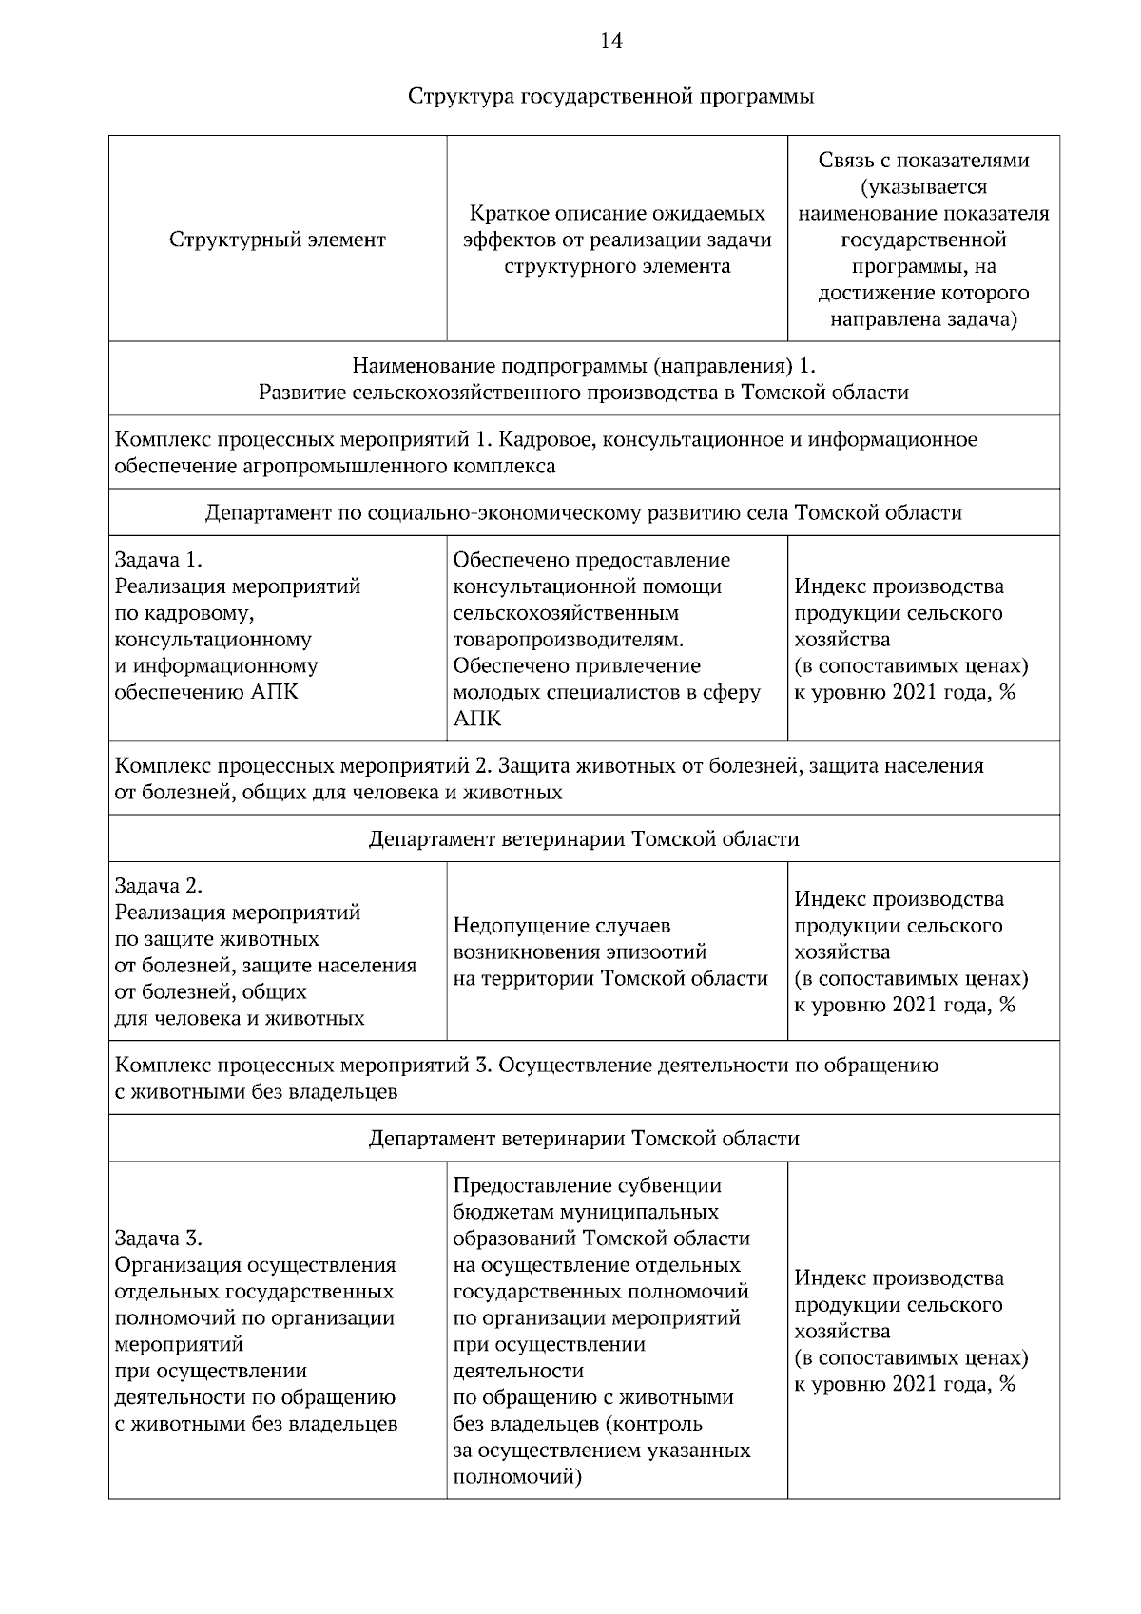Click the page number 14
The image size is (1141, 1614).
(610, 41)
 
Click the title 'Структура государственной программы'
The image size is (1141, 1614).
(610, 97)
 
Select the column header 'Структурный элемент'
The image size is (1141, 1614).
(278, 240)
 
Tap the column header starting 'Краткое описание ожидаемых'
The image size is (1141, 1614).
(617, 240)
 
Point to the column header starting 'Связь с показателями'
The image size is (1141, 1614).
(923, 240)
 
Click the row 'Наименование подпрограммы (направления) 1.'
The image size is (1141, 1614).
(584, 379)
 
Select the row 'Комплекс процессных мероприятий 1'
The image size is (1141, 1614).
(545, 452)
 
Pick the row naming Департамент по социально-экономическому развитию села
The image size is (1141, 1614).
(584, 513)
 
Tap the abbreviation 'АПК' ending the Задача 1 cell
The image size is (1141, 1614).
(276, 692)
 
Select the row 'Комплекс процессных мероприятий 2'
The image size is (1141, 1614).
(549, 778)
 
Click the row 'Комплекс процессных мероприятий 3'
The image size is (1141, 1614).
(526, 1078)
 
